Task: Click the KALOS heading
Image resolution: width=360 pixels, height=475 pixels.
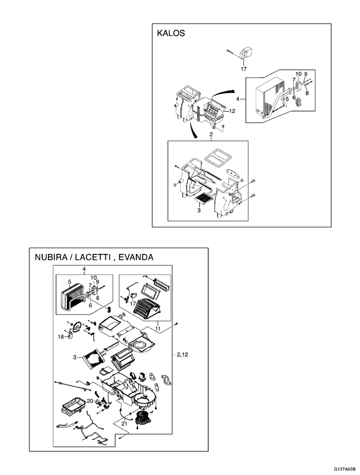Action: tap(171, 33)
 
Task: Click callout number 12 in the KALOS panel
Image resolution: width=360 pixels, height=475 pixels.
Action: tap(232, 111)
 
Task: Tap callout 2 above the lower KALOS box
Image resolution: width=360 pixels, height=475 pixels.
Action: tap(211, 135)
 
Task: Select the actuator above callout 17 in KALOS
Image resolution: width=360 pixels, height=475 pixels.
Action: tap(248, 52)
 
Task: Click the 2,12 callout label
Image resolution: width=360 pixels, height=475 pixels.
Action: tap(184, 354)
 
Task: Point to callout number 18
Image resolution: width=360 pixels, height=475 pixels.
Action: tap(61, 338)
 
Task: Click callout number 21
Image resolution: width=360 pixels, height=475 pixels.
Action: tap(124, 423)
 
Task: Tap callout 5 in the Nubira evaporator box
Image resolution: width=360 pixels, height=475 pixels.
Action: tap(69, 282)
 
